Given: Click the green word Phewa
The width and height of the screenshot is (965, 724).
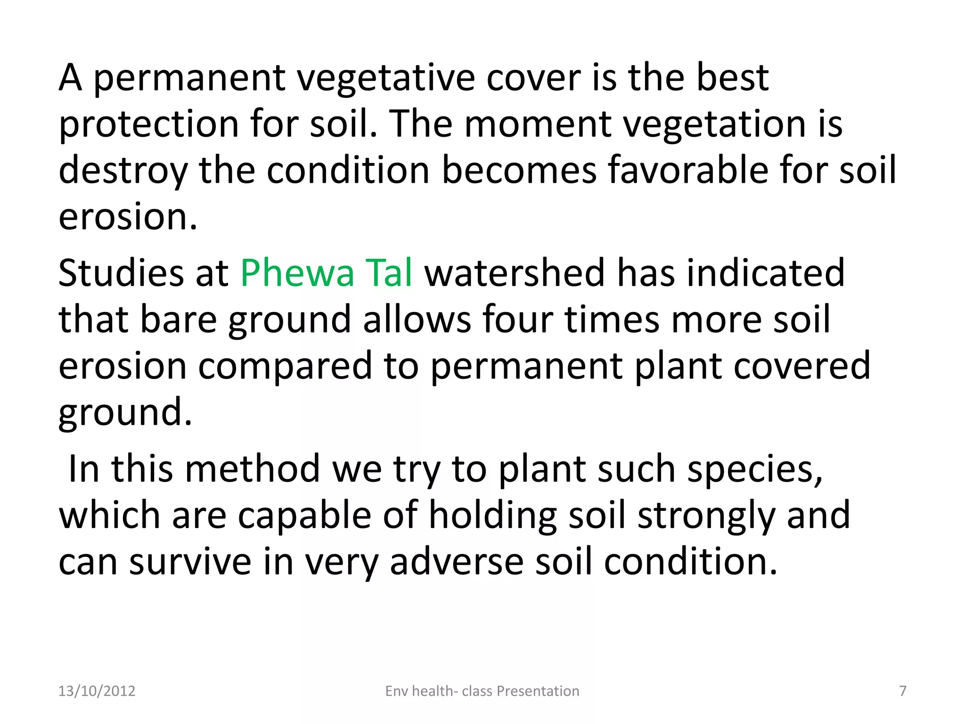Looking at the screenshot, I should click(x=297, y=273).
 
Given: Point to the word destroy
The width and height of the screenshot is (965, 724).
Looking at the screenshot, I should click(x=123, y=171).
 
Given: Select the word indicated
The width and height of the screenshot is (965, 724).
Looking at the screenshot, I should click(x=766, y=273).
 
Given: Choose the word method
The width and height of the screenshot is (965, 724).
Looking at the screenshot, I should click(x=253, y=469).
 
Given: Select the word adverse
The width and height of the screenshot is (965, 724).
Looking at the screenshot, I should click(x=456, y=562).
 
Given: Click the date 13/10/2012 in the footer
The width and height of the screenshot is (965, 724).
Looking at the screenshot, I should click(x=97, y=691).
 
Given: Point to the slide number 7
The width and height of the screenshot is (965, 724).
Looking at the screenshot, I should click(x=903, y=691).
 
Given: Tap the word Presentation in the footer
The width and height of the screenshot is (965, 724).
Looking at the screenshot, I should click(x=538, y=691).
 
